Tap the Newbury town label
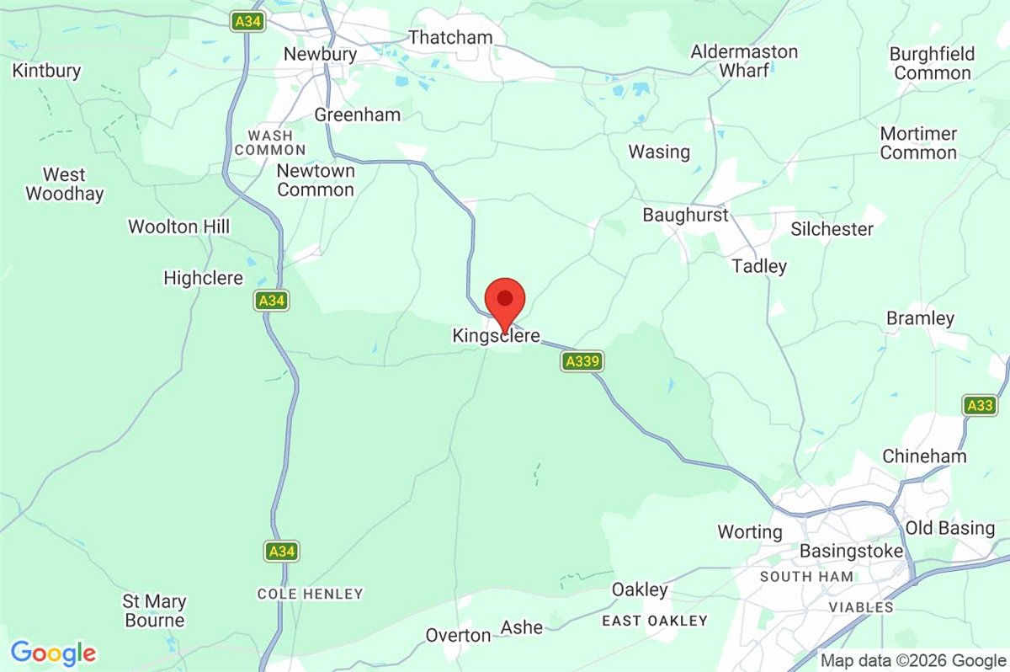(x=320, y=54)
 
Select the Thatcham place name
(x=449, y=37)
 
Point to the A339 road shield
(x=582, y=361)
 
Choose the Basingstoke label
(x=851, y=552)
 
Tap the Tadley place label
(x=758, y=266)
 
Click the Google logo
(x=53, y=653)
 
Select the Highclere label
(x=203, y=278)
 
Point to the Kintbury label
(x=46, y=71)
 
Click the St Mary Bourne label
(x=154, y=611)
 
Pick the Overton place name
(x=458, y=634)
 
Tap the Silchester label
(x=832, y=229)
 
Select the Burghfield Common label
(x=932, y=63)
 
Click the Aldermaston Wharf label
(x=744, y=61)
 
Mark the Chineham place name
(x=924, y=456)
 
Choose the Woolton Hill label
(x=178, y=227)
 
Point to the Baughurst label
(x=685, y=215)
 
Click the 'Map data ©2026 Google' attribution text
(x=913, y=661)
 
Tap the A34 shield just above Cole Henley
(x=281, y=552)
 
